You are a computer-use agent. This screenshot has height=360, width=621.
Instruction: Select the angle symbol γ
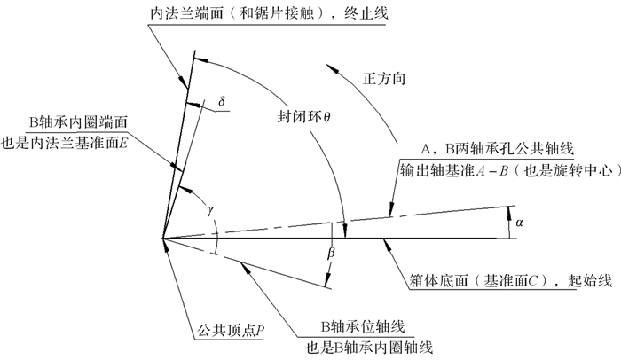click(x=209, y=209)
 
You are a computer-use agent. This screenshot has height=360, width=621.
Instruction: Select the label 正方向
click(x=384, y=79)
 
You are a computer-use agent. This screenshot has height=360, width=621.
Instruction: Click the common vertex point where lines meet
click(x=163, y=238)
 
